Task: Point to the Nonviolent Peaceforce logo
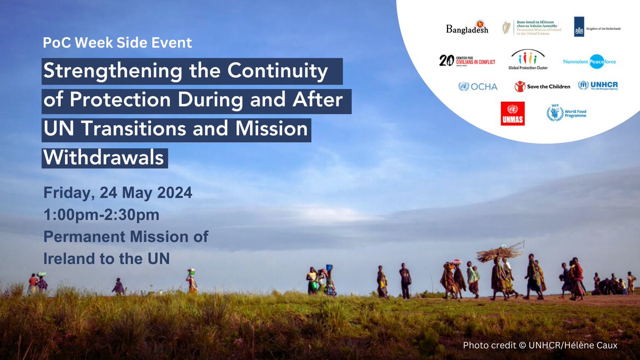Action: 589,61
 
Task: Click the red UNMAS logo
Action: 513,113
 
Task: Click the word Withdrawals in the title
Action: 105,158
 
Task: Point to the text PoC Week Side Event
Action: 117,43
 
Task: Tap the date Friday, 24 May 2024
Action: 118,193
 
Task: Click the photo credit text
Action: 540,346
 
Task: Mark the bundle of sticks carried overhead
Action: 500,252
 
